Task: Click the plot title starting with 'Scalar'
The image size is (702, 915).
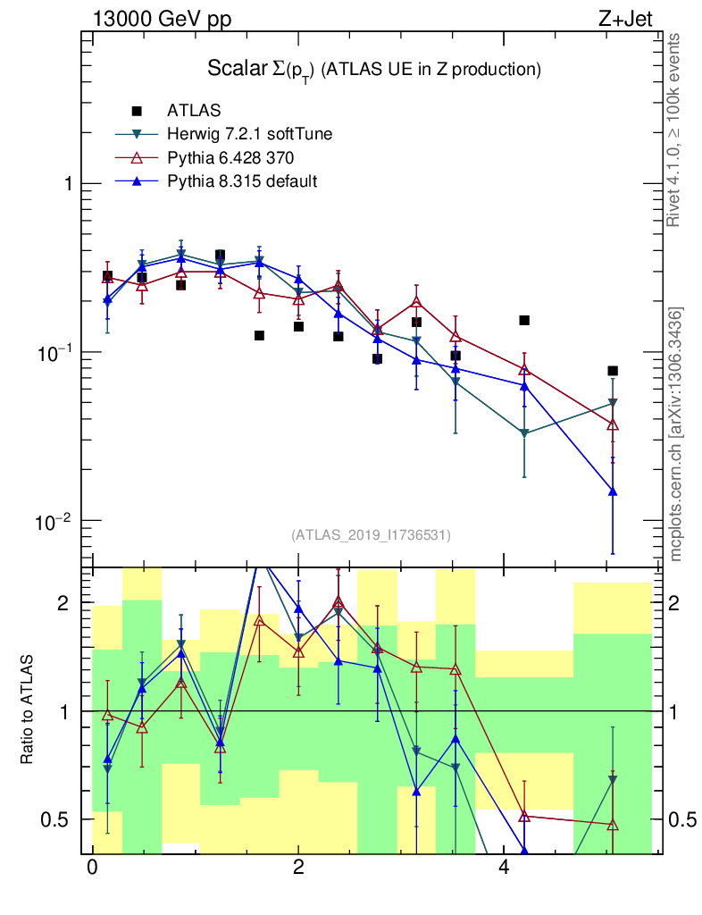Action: pyautogui.click(x=375, y=69)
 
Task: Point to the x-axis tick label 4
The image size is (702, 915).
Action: pyautogui.click(x=504, y=869)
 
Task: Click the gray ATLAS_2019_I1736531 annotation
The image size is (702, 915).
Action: pyautogui.click(x=371, y=535)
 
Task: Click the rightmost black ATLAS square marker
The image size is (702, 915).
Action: pyautogui.click(x=613, y=371)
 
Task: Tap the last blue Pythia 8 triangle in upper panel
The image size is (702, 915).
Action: pyautogui.click(x=613, y=491)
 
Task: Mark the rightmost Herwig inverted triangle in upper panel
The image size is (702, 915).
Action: pyautogui.click(x=613, y=403)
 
